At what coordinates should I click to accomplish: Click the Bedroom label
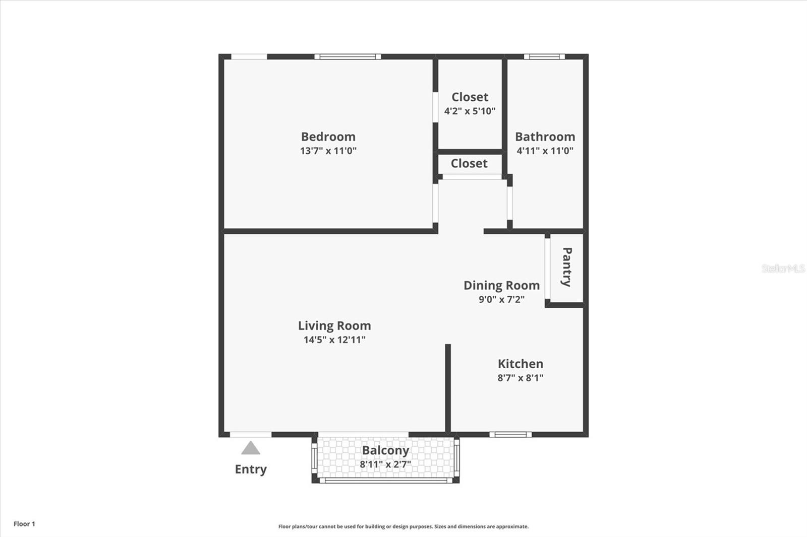point(328,137)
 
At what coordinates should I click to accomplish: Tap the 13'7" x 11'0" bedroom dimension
point(328,151)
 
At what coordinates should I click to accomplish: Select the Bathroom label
point(545,137)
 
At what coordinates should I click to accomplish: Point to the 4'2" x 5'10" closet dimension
point(470,111)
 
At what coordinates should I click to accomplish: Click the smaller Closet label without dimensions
point(469,163)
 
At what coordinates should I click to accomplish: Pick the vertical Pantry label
point(566,267)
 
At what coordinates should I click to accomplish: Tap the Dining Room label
point(501,285)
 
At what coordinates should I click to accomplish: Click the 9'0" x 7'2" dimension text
point(501,299)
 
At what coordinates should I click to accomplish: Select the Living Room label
point(334,325)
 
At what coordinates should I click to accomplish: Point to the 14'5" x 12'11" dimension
point(334,340)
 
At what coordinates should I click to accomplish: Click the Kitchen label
point(520,364)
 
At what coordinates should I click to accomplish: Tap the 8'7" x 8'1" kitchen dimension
point(520,378)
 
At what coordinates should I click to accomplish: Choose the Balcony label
point(385,450)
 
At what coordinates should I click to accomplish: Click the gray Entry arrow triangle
point(250,449)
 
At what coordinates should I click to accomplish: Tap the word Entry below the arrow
point(250,469)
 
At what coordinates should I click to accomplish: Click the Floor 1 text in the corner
point(24,524)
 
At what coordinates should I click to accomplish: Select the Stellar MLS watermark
point(783,268)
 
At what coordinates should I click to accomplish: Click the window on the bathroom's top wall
point(544,56)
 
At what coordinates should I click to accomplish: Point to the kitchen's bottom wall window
point(510,434)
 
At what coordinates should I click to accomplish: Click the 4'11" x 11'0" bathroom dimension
point(545,151)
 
